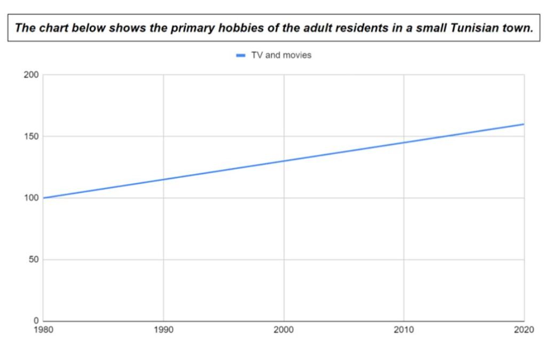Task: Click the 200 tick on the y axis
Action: click(x=32, y=74)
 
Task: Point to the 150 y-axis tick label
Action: click(x=32, y=136)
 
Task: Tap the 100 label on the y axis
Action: click(x=32, y=198)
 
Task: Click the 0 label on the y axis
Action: click(x=36, y=320)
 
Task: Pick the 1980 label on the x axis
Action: click(x=43, y=330)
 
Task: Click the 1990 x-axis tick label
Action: click(x=163, y=330)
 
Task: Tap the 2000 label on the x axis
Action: click(x=284, y=330)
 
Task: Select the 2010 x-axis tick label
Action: click(x=404, y=330)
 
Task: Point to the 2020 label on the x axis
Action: click(x=523, y=330)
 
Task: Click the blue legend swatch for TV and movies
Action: click(x=241, y=55)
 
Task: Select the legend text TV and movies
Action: click(x=281, y=55)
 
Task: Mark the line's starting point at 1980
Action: click(x=43, y=198)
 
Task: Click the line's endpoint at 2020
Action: click(x=523, y=124)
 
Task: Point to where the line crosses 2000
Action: click(x=284, y=161)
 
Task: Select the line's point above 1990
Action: click(x=163, y=179)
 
